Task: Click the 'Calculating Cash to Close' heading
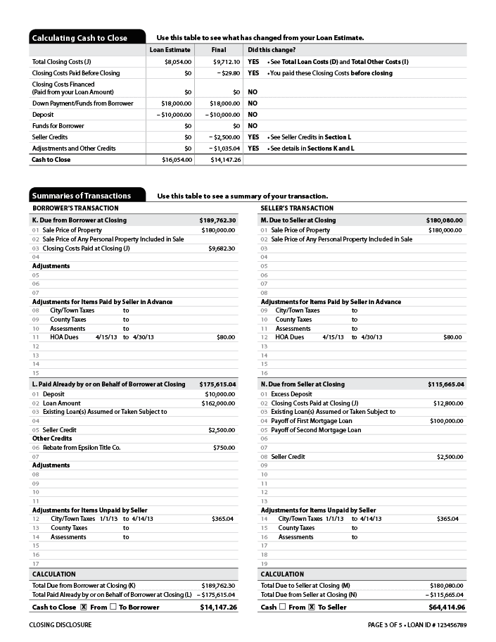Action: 80,38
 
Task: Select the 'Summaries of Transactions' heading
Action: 82,196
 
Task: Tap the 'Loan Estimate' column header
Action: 170,50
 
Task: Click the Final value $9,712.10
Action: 227,62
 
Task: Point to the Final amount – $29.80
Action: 228,73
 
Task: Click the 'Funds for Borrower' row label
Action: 58,126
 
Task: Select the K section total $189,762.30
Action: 218,220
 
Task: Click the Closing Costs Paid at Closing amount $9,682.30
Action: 222,248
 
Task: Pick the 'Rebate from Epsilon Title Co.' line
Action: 82,448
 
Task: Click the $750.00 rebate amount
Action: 224,448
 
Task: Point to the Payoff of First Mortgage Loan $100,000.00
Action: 447,421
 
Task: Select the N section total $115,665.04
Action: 446,384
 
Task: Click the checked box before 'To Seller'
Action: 312,607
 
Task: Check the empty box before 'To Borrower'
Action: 113,607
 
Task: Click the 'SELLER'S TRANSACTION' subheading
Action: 297,208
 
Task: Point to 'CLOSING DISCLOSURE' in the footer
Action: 61,625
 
